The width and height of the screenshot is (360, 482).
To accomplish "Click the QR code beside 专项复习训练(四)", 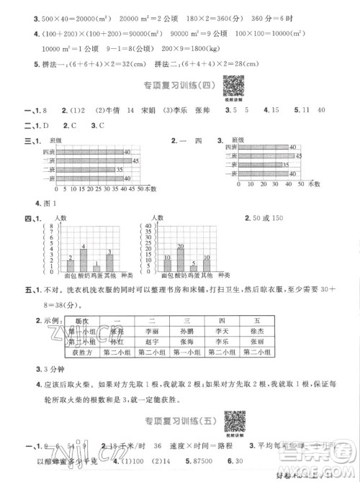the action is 232,85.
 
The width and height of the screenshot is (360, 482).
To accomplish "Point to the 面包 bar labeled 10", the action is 167,265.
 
